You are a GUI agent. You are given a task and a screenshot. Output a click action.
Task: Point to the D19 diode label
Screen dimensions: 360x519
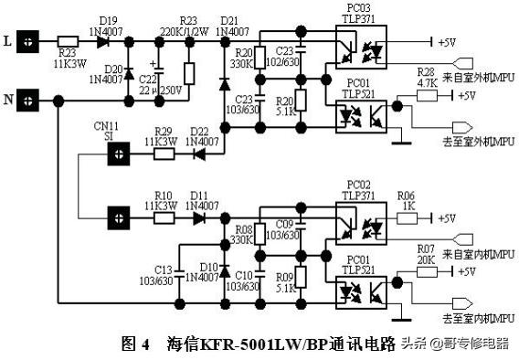[109, 20]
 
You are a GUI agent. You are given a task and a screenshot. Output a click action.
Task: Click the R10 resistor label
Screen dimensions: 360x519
[164, 196]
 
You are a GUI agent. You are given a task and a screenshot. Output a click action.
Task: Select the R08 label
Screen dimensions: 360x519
[244, 229]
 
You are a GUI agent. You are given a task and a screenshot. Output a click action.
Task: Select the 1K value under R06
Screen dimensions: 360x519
[408, 206]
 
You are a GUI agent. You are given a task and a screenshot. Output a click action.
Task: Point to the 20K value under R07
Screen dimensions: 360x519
[426, 259]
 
